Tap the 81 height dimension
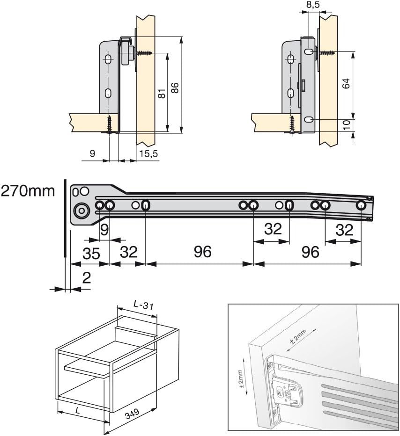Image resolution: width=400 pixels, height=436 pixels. pos(161,94)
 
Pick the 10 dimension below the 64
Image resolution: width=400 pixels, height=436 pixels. pos(346,124)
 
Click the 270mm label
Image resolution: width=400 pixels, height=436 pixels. pos(28,191)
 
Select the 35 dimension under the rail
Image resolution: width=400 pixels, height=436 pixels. pos(91,253)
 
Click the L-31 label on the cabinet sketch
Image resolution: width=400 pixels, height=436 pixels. pos(142,305)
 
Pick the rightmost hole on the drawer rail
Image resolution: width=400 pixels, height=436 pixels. pos(361,205)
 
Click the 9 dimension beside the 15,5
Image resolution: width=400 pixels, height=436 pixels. pos(92,153)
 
